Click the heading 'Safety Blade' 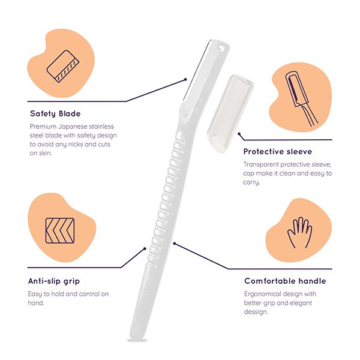[55, 113]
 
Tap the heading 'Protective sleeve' [278, 152]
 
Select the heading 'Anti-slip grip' [54, 281]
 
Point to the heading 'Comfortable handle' [285, 281]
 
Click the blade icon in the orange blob [63, 67]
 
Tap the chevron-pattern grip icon [60, 230]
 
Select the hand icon [299, 232]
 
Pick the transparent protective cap [230, 113]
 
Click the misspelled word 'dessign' [256, 312]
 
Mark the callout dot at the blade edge [185, 80]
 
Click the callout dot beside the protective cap [239, 134]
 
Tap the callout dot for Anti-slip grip [145, 248]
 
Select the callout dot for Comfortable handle [175, 244]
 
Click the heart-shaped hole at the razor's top [221, 47]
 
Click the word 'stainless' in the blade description [101, 127]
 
